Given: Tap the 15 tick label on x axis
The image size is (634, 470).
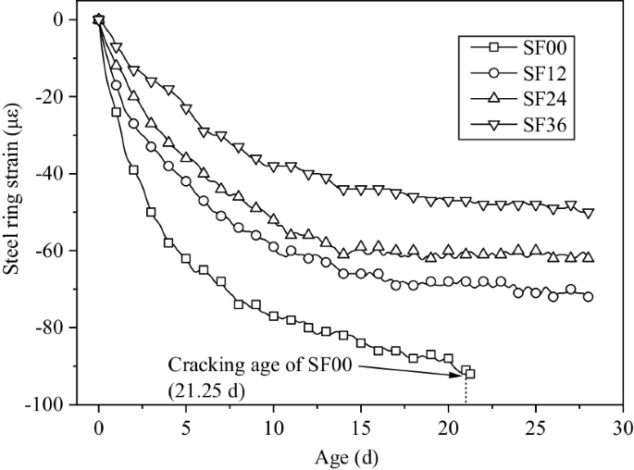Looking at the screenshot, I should click(x=360, y=428).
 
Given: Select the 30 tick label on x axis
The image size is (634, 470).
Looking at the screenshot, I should click(x=622, y=428).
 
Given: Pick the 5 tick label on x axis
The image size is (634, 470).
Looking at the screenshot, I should click(x=186, y=428).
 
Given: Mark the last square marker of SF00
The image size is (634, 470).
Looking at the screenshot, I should click(x=470, y=374).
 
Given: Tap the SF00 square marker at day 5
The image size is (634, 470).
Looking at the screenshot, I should click(x=186, y=258).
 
